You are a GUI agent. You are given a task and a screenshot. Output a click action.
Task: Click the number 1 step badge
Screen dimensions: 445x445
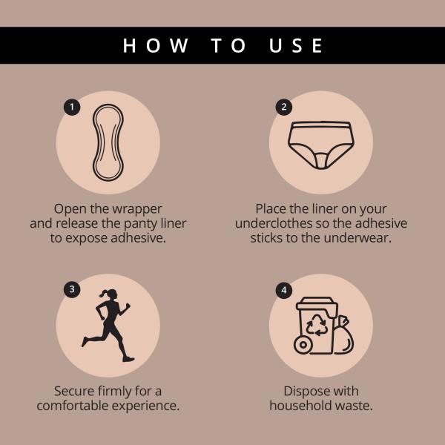(x=72, y=107)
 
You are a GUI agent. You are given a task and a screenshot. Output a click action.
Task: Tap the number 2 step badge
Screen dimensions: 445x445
(x=284, y=107)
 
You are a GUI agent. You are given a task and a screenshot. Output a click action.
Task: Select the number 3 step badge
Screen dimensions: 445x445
(x=72, y=289)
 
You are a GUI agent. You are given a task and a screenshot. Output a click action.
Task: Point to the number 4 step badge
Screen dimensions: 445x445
(x=284, y=290)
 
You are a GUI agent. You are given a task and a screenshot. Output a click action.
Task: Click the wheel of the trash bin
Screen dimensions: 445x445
(x=303, y=345)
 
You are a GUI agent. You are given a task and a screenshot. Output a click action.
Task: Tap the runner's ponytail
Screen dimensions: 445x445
(x=103, y=294)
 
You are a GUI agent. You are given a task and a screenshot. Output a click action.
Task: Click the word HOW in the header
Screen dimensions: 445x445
(x=155, y=45)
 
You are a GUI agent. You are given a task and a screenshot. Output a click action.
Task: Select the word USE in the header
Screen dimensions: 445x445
(x=295, y=45)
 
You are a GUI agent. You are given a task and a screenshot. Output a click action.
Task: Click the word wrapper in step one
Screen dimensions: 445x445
(x=137, y=209)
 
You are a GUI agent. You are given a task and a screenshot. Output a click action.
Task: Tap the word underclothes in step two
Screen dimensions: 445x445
(x=274, y=223)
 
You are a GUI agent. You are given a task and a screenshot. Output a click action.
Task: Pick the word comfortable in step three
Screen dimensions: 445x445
(x=73, y=405)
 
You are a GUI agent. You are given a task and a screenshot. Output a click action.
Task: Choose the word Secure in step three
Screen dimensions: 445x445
(x=74, y=391)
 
